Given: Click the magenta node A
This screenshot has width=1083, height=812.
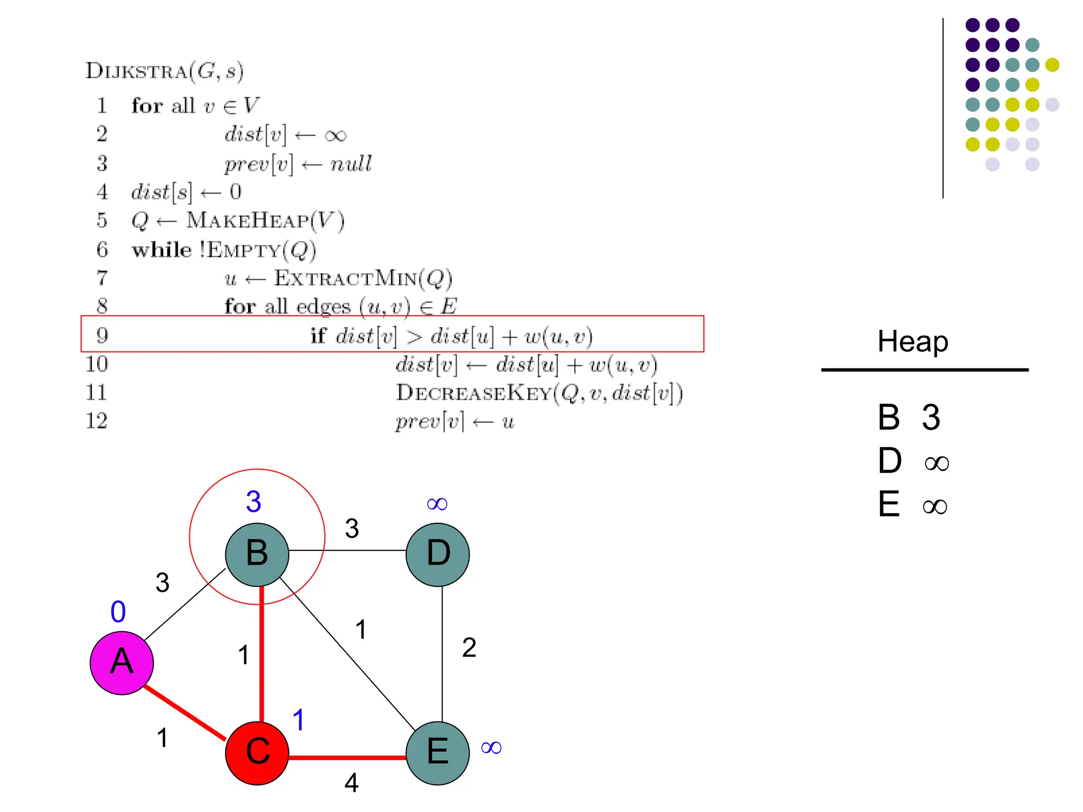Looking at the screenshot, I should (x=122, y=662).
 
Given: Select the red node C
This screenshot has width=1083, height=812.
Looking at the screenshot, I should (x=257, y=752).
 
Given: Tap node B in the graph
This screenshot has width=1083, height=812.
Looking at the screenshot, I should (x=257, y=554).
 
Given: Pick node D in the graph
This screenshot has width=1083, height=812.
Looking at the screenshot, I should (x=438, y=554).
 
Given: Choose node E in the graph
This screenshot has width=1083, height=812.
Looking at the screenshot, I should (x=438, y=752).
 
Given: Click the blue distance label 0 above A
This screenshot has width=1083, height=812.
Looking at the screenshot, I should (x=118, y=612).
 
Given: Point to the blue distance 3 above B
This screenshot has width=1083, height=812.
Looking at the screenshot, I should (x=254, y=502).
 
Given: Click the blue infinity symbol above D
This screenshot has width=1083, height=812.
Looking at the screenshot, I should (x=437, y=504).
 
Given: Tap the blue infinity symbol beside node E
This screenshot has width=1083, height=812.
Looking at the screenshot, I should (x=491, y=748).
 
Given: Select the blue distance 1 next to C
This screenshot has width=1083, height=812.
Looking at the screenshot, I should (x=299, y=720).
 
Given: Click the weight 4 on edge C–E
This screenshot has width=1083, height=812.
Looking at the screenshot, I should (x=352, y=783).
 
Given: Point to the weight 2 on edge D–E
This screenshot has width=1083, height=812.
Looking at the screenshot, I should (x=469, y=648).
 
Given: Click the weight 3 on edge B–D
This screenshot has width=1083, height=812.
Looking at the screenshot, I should (x=352, y=529).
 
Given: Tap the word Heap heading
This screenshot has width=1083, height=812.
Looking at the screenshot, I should (x=913, y=342).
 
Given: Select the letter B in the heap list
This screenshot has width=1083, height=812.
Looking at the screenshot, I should (x=889, y=418).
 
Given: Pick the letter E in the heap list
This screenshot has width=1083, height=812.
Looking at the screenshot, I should (x=889, y=504).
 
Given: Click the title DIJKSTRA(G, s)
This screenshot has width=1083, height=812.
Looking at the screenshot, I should (x=164, y=71).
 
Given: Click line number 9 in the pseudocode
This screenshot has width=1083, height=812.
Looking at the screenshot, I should (x=102, y=335).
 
